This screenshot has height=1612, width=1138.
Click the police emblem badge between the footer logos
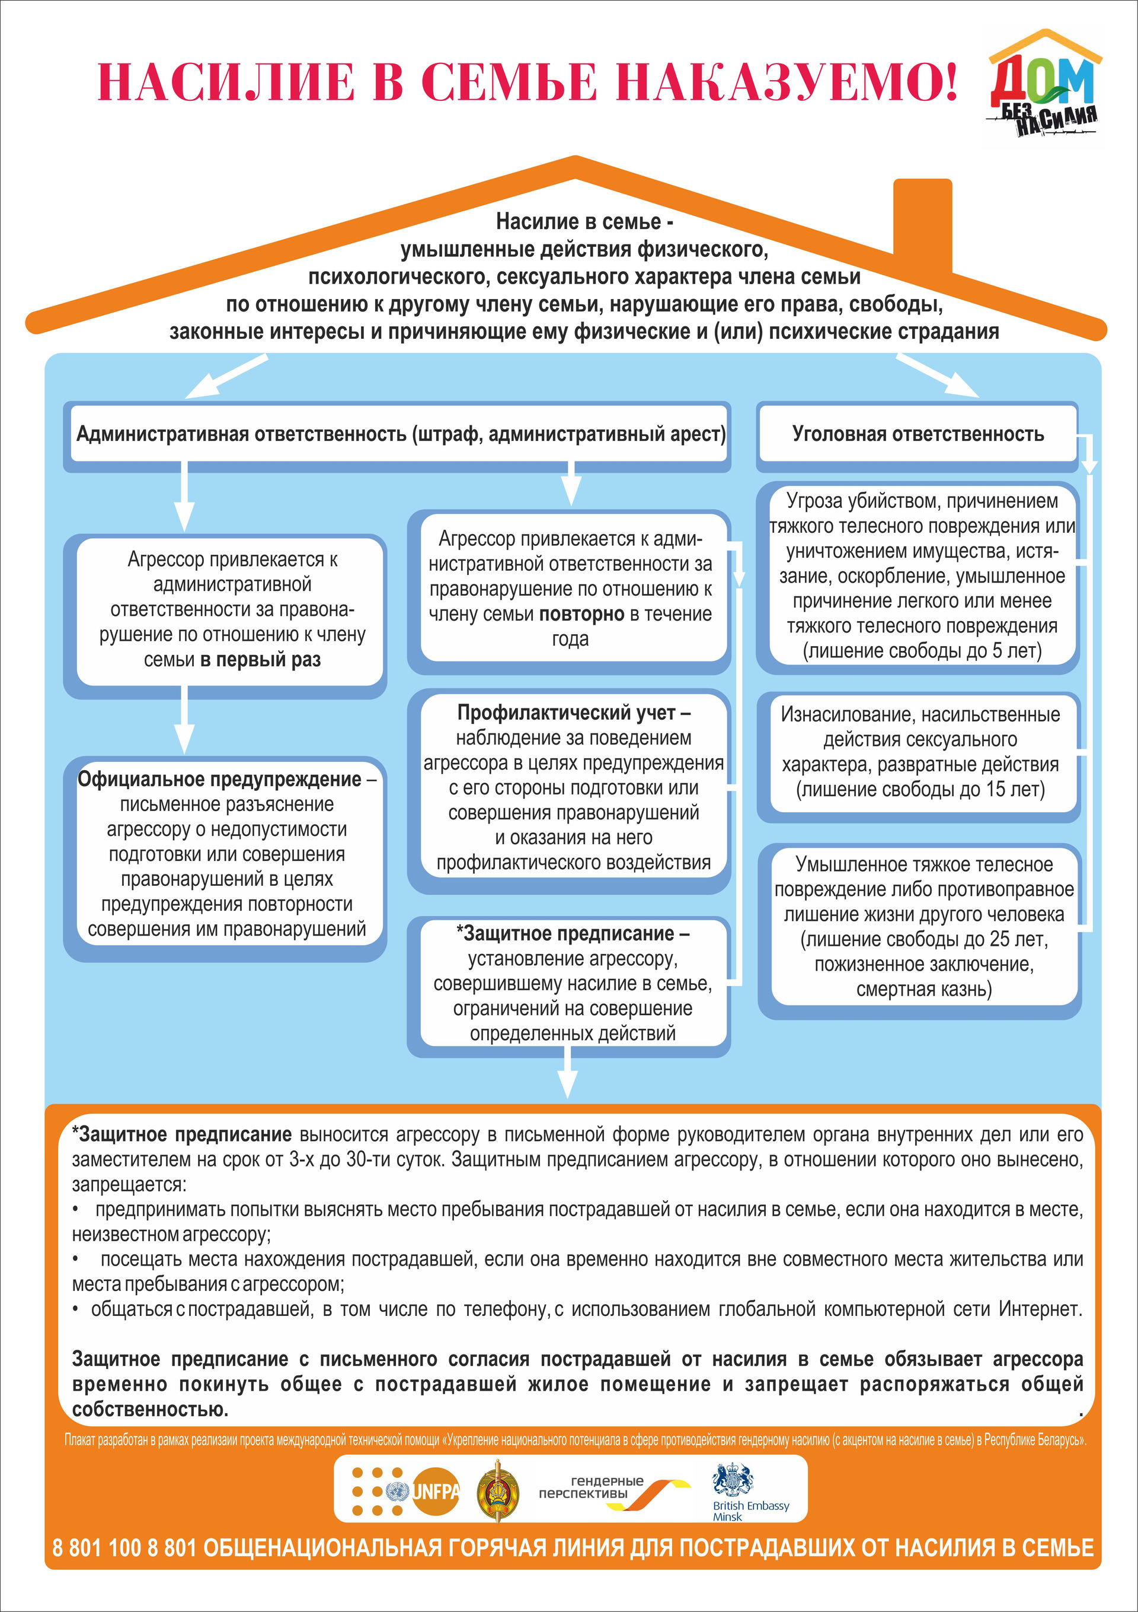498,1491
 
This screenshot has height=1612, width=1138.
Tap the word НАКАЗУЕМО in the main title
786,82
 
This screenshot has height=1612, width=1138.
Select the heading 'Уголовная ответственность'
918,434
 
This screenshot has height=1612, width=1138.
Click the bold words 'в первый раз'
260,660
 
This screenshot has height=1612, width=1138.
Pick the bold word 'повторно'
581,614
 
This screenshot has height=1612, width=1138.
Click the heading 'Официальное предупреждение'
220,780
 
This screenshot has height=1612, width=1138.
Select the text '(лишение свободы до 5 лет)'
922,651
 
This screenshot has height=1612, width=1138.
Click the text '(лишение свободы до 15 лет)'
920,790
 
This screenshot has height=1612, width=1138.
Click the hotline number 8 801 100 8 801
125,1547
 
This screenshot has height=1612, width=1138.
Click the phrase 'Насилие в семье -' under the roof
584,222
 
